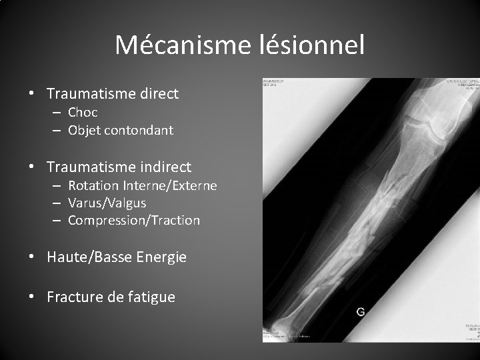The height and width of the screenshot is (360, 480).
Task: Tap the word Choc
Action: coord(83,113)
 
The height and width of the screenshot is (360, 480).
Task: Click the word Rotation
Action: coord(93,185)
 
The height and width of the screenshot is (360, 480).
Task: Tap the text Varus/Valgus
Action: coord(107,203)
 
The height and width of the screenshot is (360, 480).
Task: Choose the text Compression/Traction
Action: coord(134,220)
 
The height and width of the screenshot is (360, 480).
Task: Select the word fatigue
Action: coord(151,297)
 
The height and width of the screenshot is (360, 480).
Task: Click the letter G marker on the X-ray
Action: coord(361,311)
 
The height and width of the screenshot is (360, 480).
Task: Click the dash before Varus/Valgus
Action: coord(58,203)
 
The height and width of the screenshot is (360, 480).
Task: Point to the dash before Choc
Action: coord(58,113)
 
